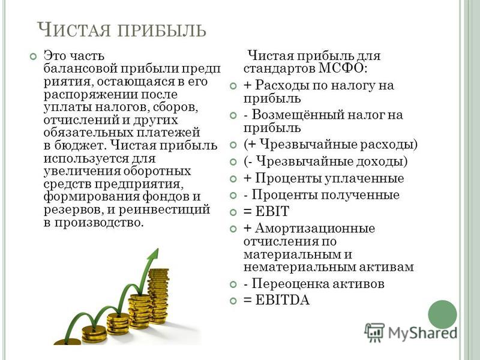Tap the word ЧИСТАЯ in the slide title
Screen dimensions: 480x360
pos(73,29)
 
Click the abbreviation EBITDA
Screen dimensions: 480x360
pos(282,300)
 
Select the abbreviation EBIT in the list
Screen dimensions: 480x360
pos(272,211)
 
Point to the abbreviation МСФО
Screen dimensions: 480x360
pos(342,68)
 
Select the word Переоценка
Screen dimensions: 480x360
pos(286,284)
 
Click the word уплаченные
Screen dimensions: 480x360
pos(364,179)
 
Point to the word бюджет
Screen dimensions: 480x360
pos(80,145)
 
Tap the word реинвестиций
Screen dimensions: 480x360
pos(164,210)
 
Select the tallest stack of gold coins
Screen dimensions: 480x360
pos(158,296)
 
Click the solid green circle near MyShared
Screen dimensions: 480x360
pos(442,314)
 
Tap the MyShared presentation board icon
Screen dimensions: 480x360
pos(374,332)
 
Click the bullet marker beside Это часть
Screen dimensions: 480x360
pos(33,56)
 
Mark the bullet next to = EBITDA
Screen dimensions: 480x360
pos(233,301)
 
